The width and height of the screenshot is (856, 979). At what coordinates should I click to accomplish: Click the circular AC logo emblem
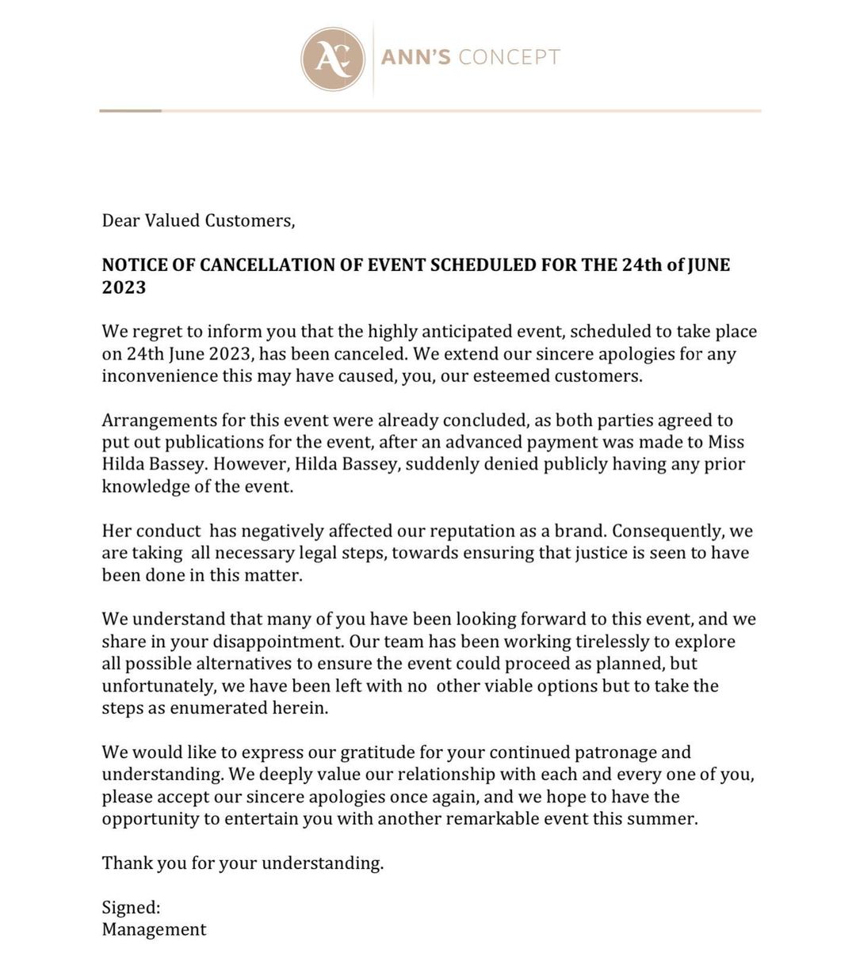point(332,58)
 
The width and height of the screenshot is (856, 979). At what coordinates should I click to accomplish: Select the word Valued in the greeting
point(171,220)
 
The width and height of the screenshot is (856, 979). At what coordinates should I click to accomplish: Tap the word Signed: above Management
point(131,908)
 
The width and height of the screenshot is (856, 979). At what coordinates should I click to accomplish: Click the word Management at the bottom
point(154,930)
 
